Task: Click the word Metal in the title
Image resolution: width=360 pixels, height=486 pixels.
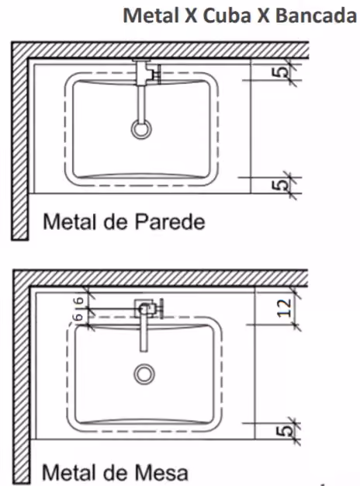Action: (151, 16)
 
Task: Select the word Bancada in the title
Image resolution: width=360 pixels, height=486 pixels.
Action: (316, 16)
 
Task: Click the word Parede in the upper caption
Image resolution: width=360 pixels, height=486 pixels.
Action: (170, 221)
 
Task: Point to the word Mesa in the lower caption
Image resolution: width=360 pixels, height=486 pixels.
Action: (161, 472)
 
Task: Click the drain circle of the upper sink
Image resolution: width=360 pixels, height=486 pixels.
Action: (141, 129)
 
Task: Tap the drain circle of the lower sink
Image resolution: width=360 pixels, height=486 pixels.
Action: (144, 373)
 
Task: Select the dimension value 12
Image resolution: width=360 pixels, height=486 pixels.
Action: (285, 307)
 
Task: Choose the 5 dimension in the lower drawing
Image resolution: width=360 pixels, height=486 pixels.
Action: (284, 431)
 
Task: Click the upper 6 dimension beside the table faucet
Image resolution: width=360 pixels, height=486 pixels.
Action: (80, 300)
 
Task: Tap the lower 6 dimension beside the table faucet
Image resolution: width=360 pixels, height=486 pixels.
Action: (80, 317)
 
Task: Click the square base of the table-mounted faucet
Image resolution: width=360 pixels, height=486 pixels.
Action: (144, 308)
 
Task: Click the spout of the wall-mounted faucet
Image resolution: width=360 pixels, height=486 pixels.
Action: (141, 103)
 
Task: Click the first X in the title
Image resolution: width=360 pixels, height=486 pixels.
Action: (191, 16)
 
